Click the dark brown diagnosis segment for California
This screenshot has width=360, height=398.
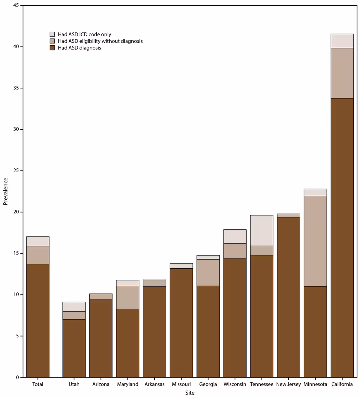[342, 237]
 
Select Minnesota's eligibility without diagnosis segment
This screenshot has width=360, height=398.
[315, 241]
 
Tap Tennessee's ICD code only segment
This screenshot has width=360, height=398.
[262, 231]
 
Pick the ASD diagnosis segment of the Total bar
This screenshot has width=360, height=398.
[38, 320]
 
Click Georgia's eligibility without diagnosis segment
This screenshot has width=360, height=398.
[208, 273]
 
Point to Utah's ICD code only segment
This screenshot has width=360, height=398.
[74, 306]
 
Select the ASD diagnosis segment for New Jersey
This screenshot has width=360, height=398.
[288, 297]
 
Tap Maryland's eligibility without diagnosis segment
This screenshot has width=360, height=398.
[128, 297]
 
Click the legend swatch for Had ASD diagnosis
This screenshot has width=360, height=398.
[52, 48]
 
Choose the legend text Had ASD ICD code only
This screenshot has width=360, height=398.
[84, 35]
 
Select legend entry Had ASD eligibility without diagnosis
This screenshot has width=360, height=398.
[100, 41]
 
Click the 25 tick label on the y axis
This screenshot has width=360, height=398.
[16, 170]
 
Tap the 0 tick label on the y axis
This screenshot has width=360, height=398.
[17, 377]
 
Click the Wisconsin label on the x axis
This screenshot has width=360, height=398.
[235, 384]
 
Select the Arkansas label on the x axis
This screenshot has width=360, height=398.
[154, 384]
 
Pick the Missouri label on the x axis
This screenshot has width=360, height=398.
[181, 384]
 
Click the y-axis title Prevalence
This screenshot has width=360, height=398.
[5, 191]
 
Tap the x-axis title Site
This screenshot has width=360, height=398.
[190, 393]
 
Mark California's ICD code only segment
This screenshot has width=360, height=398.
[342, 41]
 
